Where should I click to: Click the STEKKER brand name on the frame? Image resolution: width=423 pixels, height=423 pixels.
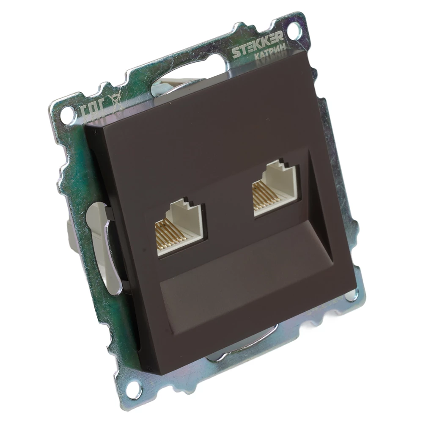(257, 46)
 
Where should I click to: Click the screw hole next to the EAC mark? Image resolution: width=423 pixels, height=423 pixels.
(66, 113)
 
